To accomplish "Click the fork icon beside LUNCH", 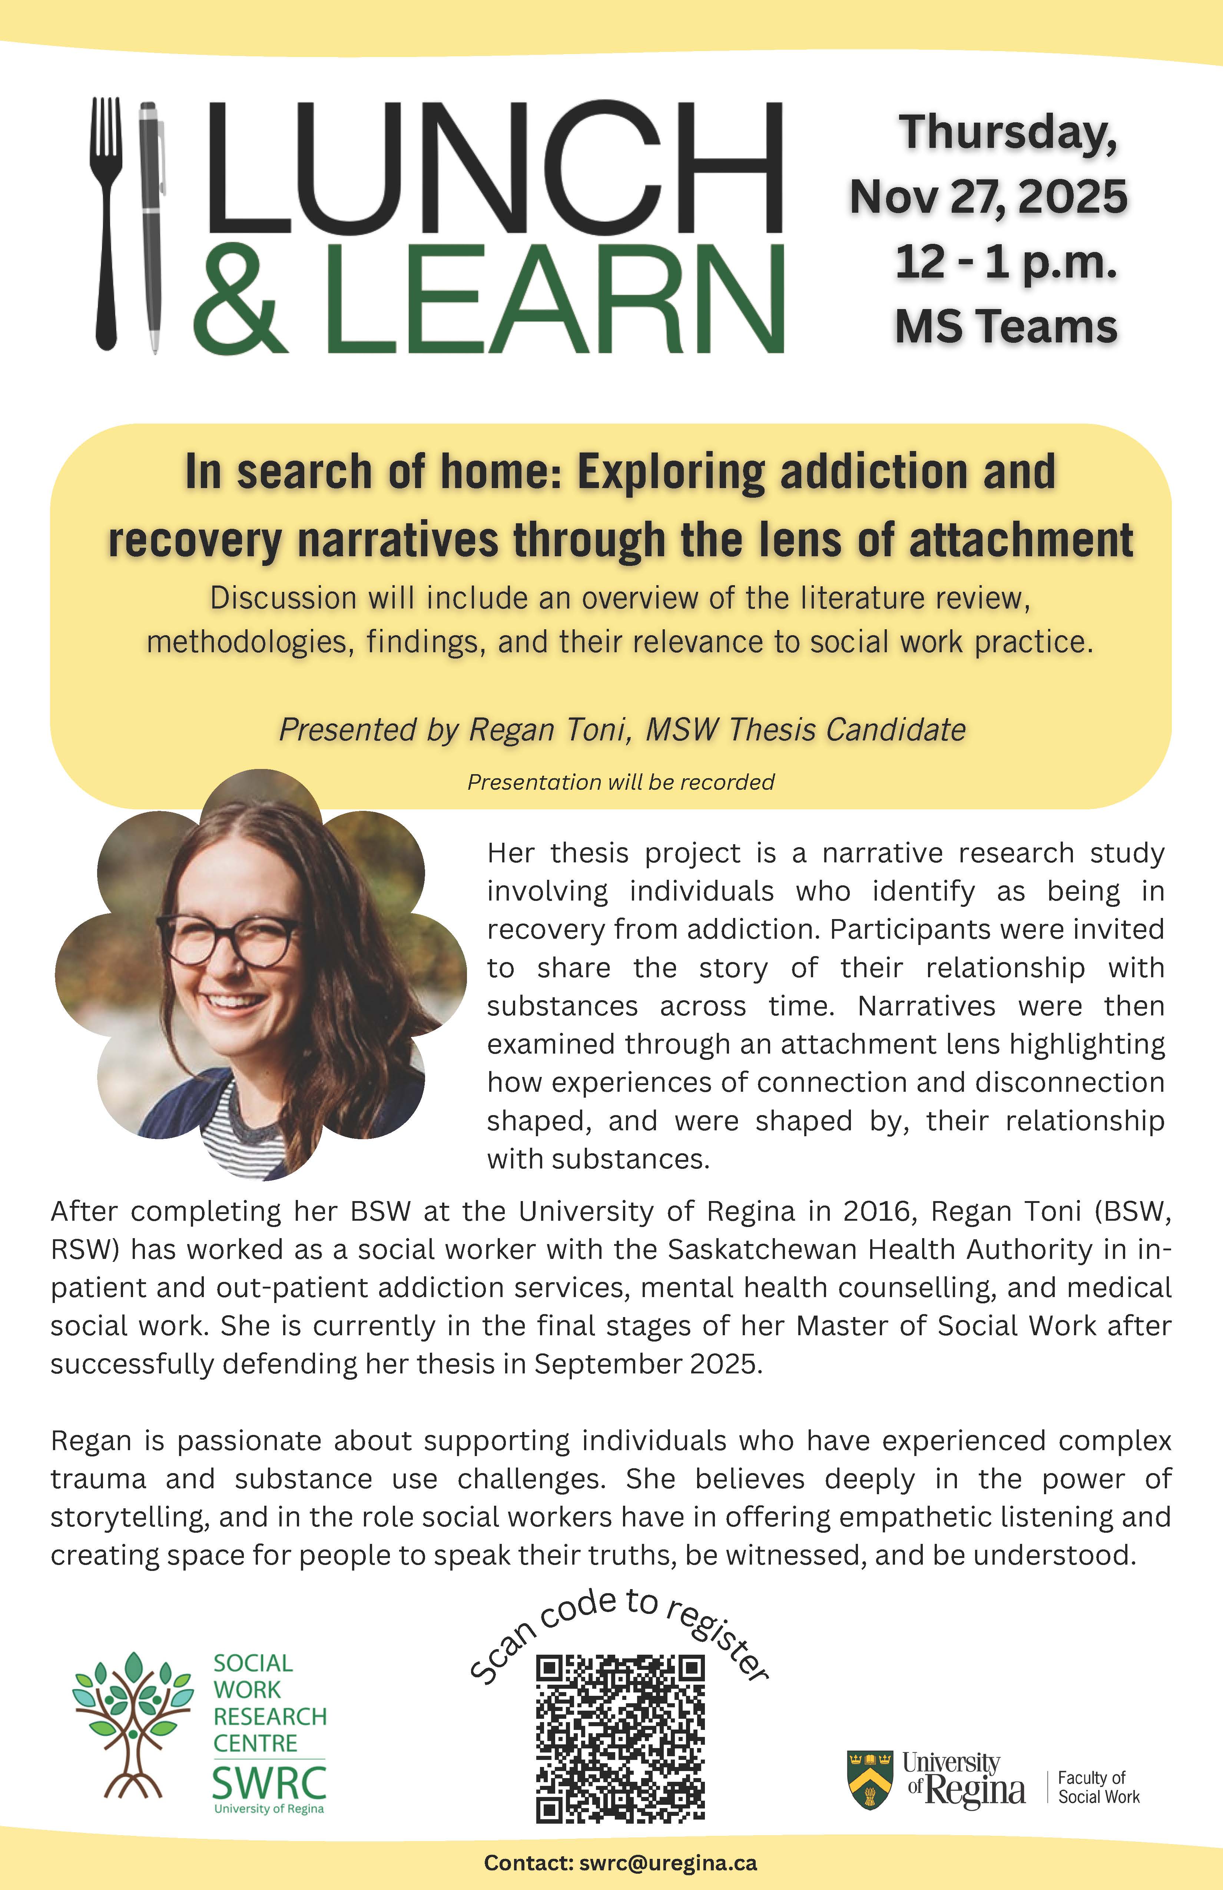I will click(x=107, y=222).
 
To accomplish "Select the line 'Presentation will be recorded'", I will click(x=620, y=782).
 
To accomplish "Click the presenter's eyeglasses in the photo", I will click(x=230, y=941).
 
